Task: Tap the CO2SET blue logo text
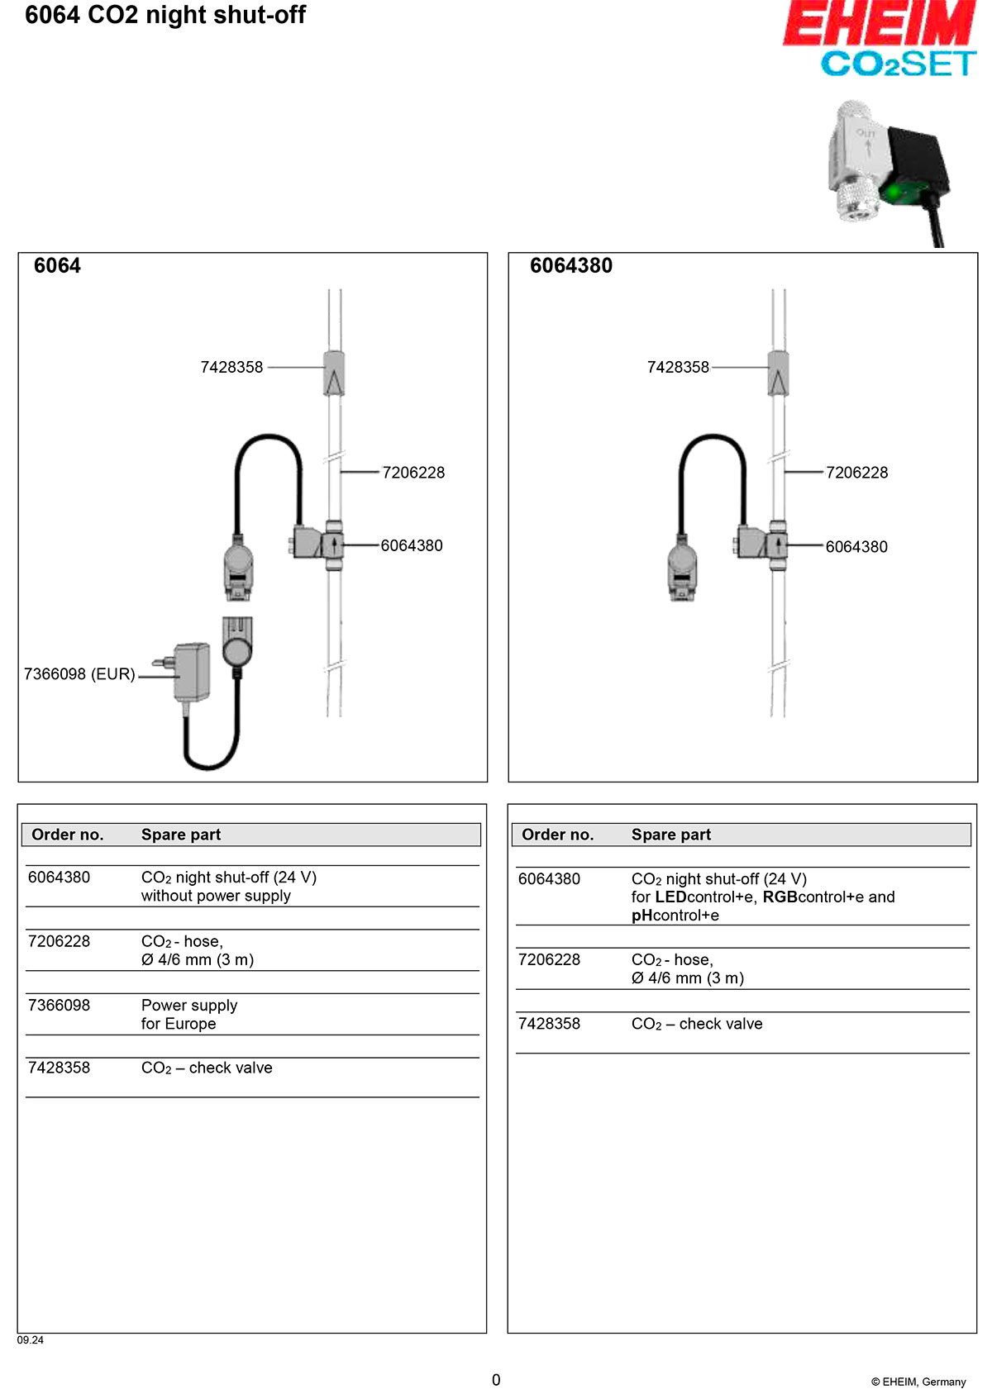coord(898,64)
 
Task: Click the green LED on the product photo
coord(893,193)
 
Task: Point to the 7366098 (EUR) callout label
coord(79,674)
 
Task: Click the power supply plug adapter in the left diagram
coord(191,670)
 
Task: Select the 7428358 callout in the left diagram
coord(231,367)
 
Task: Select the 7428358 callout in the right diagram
coord(678,367)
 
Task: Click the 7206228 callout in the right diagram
coord(856,473)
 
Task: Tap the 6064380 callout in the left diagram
coord(412,545)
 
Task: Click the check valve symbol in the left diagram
coord(333,373)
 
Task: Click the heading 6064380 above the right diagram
coord(571,266)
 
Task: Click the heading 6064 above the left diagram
coord(57,266)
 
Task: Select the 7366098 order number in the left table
coord(59,1006)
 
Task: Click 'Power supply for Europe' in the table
coord(189,1015)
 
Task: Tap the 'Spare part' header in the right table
coord(671,835)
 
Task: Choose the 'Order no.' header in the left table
coord(68,835)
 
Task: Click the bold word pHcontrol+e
coord(675,916)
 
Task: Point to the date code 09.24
coord(31,1340)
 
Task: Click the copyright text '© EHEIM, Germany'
coord(918,1382)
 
